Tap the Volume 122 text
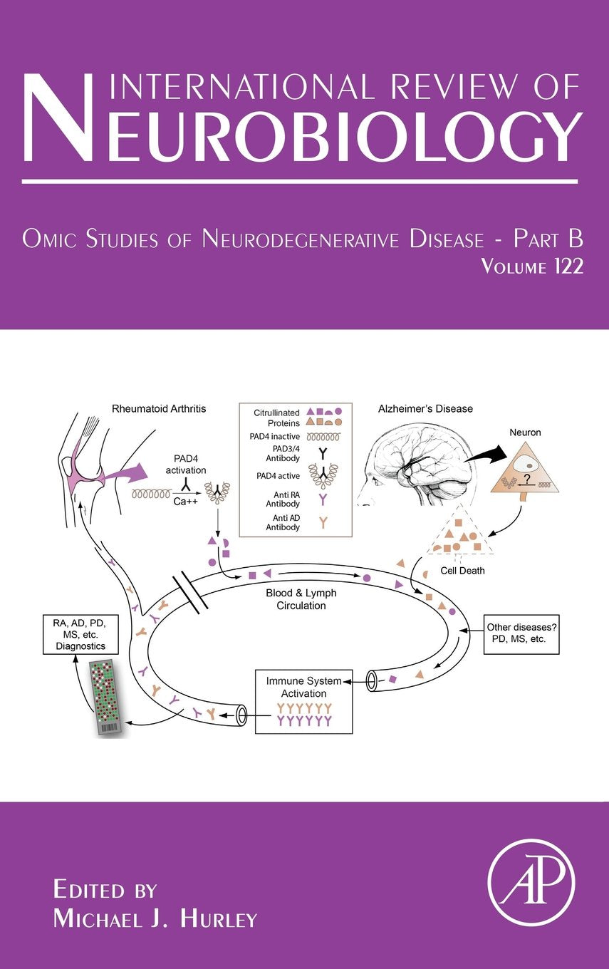(x=532, y=267)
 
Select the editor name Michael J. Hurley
(x=155, y=919)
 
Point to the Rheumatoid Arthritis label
(x=159, y=408)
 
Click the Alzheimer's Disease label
(x=425, y=409)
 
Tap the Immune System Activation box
(x=304, y=701)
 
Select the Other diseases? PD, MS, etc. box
(x=521, y=633)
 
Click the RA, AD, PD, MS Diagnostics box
(x=80, y=631)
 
